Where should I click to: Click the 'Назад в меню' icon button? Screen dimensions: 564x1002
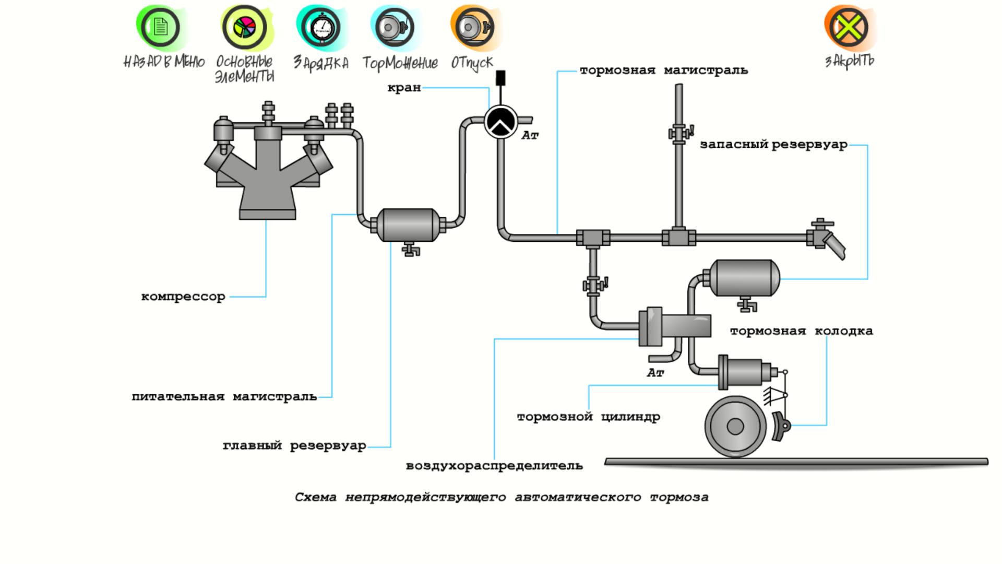(x=161, y=27)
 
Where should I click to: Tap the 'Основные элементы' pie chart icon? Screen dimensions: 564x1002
(x=244, y=27)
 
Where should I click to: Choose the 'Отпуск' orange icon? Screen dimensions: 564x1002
(x=472, y=27)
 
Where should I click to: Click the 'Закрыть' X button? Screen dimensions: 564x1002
(x=849, y=27)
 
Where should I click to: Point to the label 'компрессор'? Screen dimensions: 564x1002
(x=183, y=297)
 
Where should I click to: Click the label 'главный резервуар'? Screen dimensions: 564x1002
(x=294, y=446)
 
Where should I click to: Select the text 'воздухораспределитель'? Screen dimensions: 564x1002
(x=494, y=466)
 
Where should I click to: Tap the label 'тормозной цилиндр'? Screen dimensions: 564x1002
(x=588, y=417)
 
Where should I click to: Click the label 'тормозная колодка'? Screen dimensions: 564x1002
(x=801, y=331)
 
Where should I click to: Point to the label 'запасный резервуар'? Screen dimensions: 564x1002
(x=773, y=145)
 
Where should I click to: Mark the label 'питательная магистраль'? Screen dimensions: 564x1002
(x=224, y=397)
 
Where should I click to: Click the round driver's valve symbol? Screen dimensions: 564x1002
(x=500, y=122)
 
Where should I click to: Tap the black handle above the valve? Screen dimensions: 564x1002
(x=500, y=78)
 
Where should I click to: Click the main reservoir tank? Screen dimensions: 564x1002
(x=408, y=225)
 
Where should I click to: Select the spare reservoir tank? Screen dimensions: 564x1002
(x=746, y=277)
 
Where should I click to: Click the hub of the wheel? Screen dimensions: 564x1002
(x=735, y=427)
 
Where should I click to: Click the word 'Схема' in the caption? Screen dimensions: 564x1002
(x=315, y=497)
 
